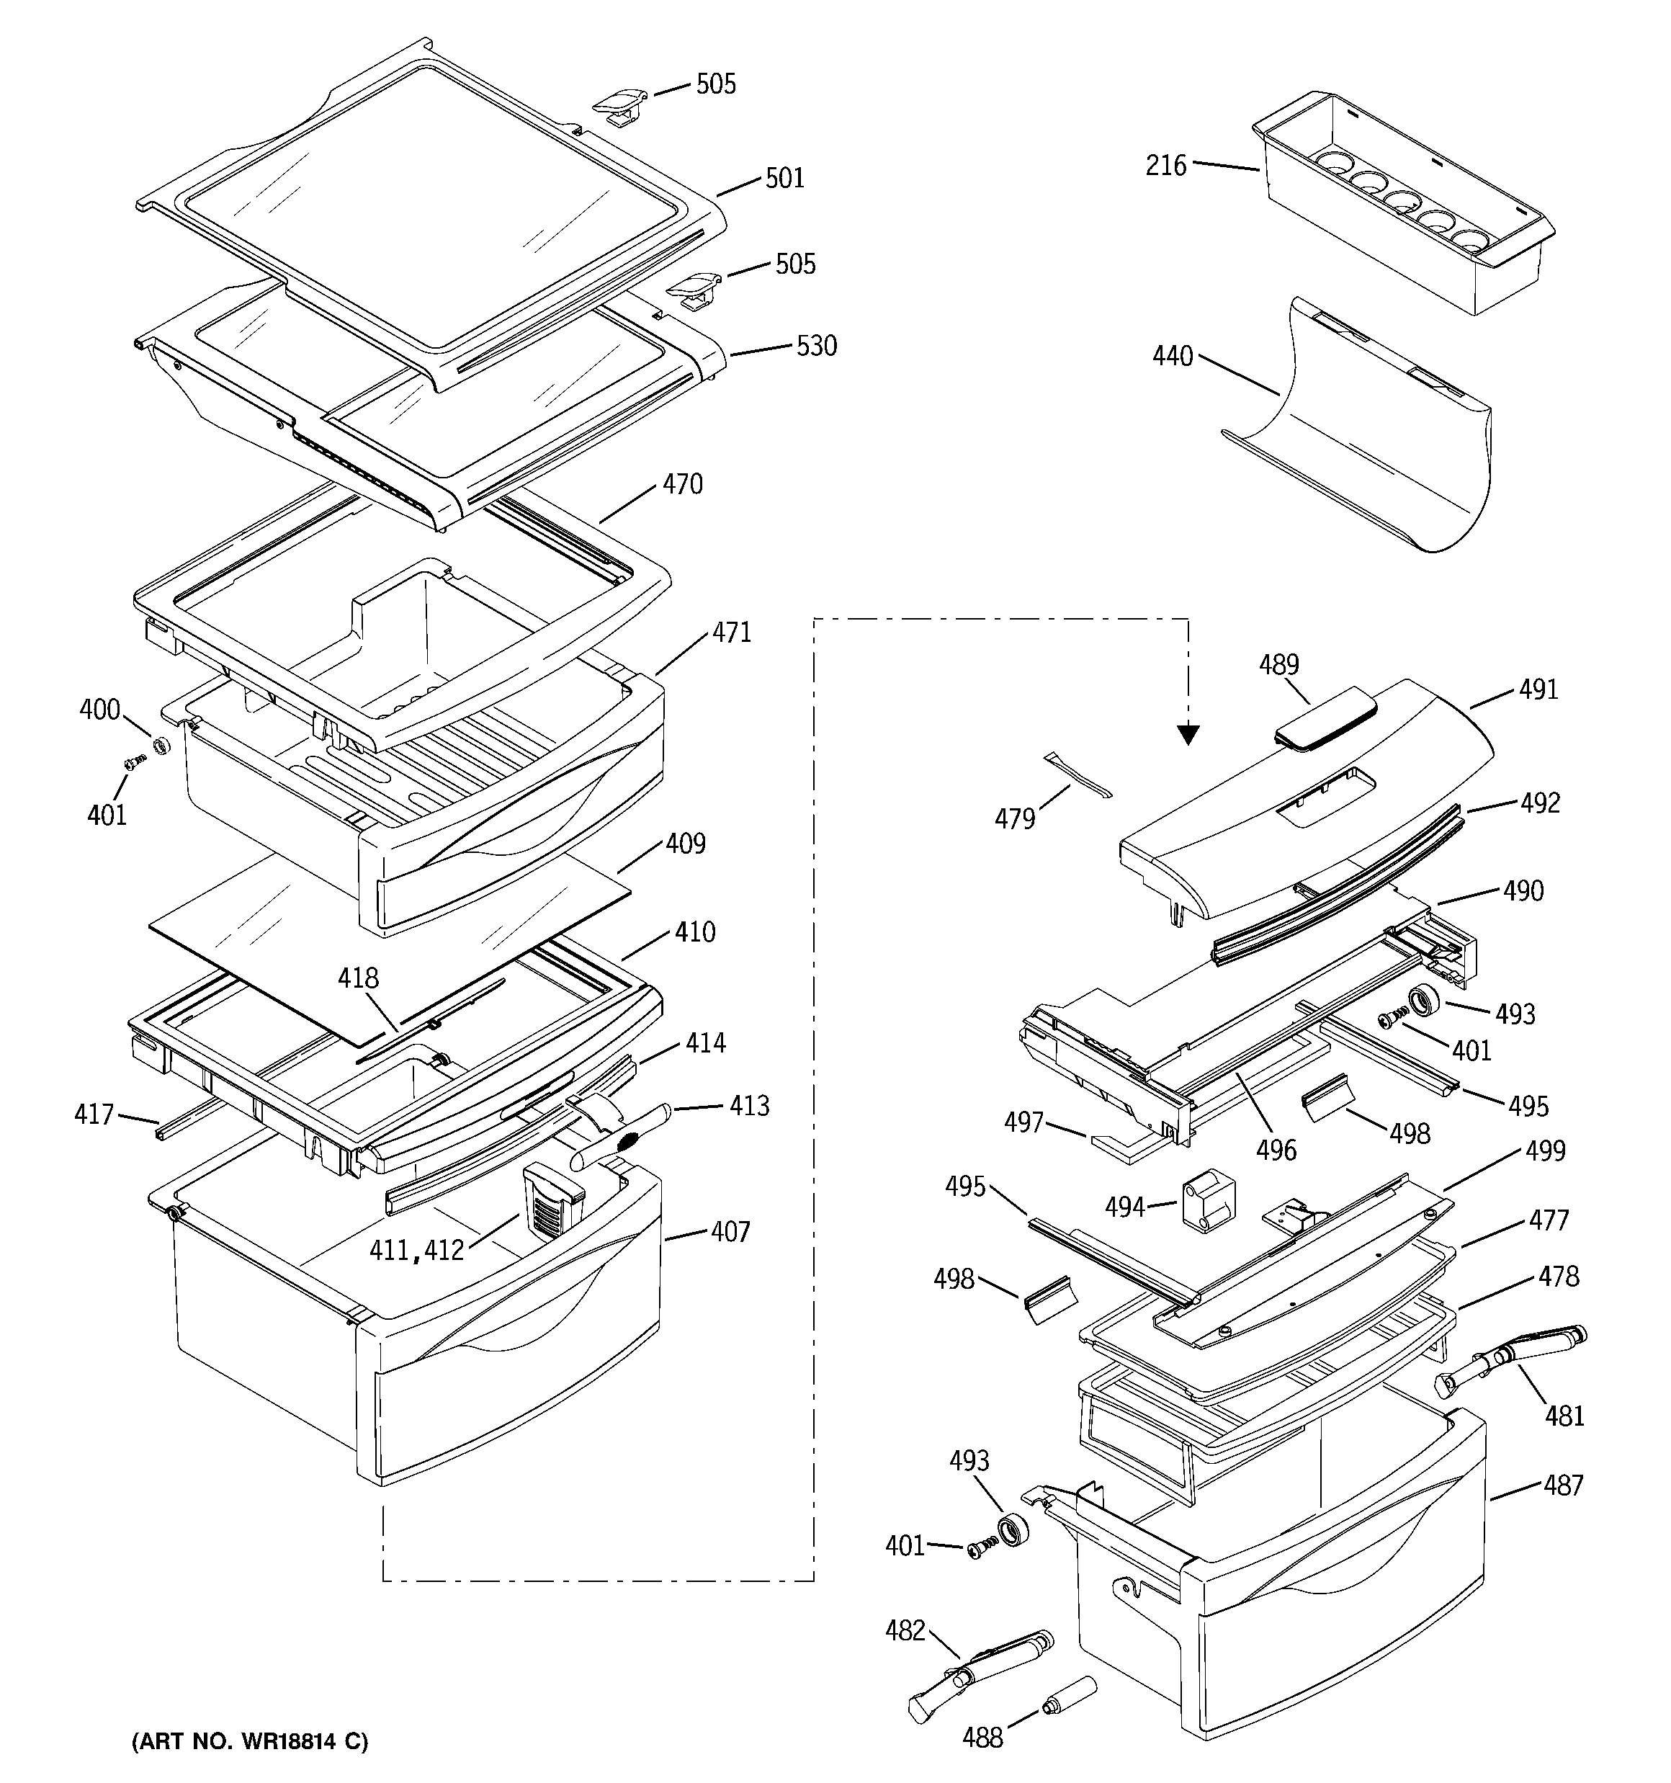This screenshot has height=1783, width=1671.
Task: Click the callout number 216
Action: coord(1165,166)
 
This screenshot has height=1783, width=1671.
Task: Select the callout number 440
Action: coord(1173,357)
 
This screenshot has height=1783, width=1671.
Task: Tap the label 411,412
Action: coord(417,1250)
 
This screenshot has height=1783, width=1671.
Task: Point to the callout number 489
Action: coord(1278,665)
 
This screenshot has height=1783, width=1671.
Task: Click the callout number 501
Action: coord(785,179)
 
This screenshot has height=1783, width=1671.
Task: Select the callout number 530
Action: coord(816,347)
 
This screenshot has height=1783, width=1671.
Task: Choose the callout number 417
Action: coord(94,1114)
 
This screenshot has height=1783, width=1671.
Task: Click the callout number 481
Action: coord(1564,1416)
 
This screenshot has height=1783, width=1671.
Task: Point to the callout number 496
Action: coord(1276,1150)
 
